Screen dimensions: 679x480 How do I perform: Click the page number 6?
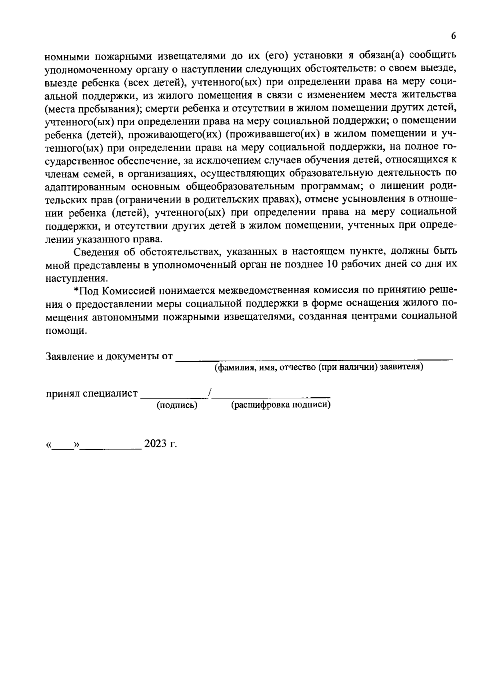453,36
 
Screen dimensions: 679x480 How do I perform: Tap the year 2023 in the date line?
156,444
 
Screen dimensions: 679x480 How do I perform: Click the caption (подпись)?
177,405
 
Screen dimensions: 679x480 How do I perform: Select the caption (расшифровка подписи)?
281,405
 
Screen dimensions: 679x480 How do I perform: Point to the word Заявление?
70,356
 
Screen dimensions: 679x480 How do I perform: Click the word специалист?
110,394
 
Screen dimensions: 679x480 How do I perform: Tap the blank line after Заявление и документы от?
314,358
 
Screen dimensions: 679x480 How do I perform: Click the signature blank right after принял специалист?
174,395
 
